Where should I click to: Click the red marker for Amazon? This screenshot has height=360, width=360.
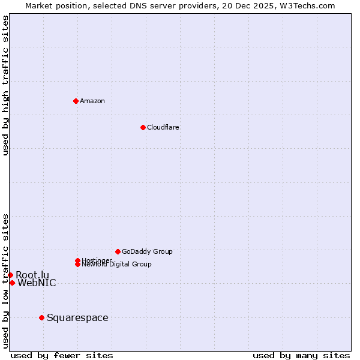pos(76,101)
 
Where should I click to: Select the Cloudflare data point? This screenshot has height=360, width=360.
pos(143,127)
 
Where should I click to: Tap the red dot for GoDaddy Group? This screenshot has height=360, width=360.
pos(118,251)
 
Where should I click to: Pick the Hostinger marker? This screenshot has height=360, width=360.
pos(77,260)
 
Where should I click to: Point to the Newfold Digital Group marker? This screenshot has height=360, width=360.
pos(77,265)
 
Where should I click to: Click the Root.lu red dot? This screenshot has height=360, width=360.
pos(10,275)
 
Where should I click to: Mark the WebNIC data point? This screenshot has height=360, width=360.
pos(12,283)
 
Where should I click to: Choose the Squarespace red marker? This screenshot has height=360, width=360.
pos(41,317)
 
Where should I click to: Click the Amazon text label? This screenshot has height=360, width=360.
pos(92,101)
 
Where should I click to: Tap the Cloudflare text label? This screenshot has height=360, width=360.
pos(163,127)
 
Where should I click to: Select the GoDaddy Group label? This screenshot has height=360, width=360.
pos(147,251)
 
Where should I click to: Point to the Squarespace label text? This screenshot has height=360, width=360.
pos(77,318)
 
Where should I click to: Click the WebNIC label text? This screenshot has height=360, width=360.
pos(37,283)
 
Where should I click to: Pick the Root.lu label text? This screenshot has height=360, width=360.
pos(32,275)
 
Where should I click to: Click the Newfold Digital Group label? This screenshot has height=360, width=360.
pos(116,265)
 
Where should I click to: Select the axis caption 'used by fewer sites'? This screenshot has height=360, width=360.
pos(62,355)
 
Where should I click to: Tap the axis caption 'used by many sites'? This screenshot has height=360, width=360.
pos(301,355)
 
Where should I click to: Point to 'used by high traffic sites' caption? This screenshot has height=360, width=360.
pos(6,85)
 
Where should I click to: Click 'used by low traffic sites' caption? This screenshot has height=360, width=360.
pos(6,281)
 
